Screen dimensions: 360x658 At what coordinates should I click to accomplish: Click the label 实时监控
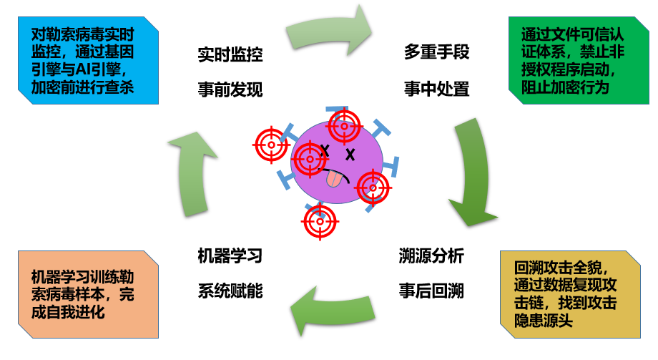pyautogui.click(x=230, y=54)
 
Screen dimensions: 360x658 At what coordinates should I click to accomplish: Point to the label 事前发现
pyautogui.click(x=230, y=89)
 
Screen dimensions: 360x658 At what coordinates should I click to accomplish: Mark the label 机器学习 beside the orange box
pyautogui.click(x=230, y=256)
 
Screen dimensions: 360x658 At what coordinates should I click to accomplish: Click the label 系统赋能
pyautogui.click(x=230, y=291)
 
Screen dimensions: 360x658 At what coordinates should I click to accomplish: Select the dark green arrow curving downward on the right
pyautogui.click(x=473, y=175)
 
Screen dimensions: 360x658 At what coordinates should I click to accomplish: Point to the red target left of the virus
pyautogui.click(x=271, y=145)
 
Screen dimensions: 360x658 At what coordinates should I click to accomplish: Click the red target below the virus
pyautogui.click(x=319, y=222)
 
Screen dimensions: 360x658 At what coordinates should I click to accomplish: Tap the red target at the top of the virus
pyautogui.click(x=344, y=126)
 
